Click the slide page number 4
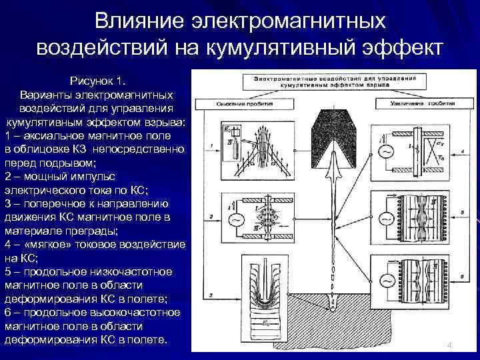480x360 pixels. (449, 345)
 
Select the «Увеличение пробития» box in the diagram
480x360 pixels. (414, 105)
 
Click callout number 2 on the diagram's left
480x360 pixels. (211, 217)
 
